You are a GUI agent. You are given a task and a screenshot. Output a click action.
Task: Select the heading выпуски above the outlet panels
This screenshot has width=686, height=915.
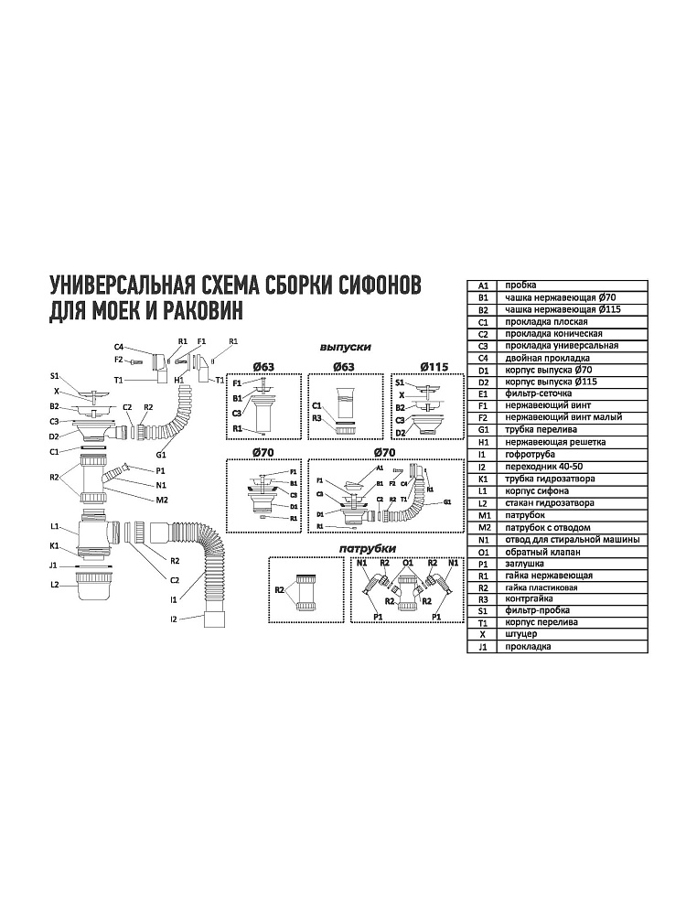click(x=345, y=348)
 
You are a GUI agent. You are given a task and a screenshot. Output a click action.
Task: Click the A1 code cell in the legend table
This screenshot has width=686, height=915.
click(x=485, y=285)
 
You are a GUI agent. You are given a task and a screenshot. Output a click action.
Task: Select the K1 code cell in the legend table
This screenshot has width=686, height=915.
click(x=485, y=479)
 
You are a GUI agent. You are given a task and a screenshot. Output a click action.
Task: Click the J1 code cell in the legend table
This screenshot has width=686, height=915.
click(x=485, y=647)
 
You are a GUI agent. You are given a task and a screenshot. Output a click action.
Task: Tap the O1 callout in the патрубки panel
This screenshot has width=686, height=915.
click(x=408, y=564)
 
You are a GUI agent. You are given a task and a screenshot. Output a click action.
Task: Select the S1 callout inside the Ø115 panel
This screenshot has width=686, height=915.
click(x=400, y=382)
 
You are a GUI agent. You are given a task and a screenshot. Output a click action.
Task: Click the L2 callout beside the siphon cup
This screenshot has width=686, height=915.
click(x=55, y=583)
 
